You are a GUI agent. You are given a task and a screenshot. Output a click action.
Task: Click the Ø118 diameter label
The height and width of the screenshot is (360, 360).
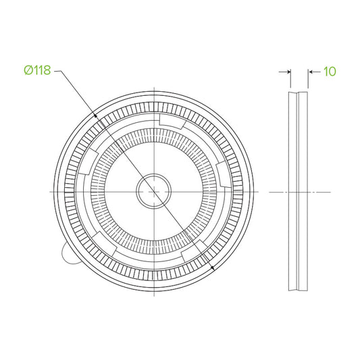(37, 70)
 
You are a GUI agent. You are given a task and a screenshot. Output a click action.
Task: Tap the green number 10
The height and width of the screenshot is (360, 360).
(330, 72)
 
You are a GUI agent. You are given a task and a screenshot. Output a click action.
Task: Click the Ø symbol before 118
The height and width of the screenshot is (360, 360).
(28, 70)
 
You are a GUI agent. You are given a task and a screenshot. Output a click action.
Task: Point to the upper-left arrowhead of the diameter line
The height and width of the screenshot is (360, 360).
(95, 115)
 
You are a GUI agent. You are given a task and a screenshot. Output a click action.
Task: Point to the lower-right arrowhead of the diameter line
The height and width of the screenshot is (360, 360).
(213, 267)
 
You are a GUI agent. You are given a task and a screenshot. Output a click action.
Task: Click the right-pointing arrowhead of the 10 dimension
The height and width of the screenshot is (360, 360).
(289, 72)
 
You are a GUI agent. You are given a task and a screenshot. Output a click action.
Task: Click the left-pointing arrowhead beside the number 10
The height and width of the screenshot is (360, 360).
(310, 72)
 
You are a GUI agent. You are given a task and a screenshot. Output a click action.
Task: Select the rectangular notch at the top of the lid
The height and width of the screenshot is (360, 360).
(172, 120)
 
